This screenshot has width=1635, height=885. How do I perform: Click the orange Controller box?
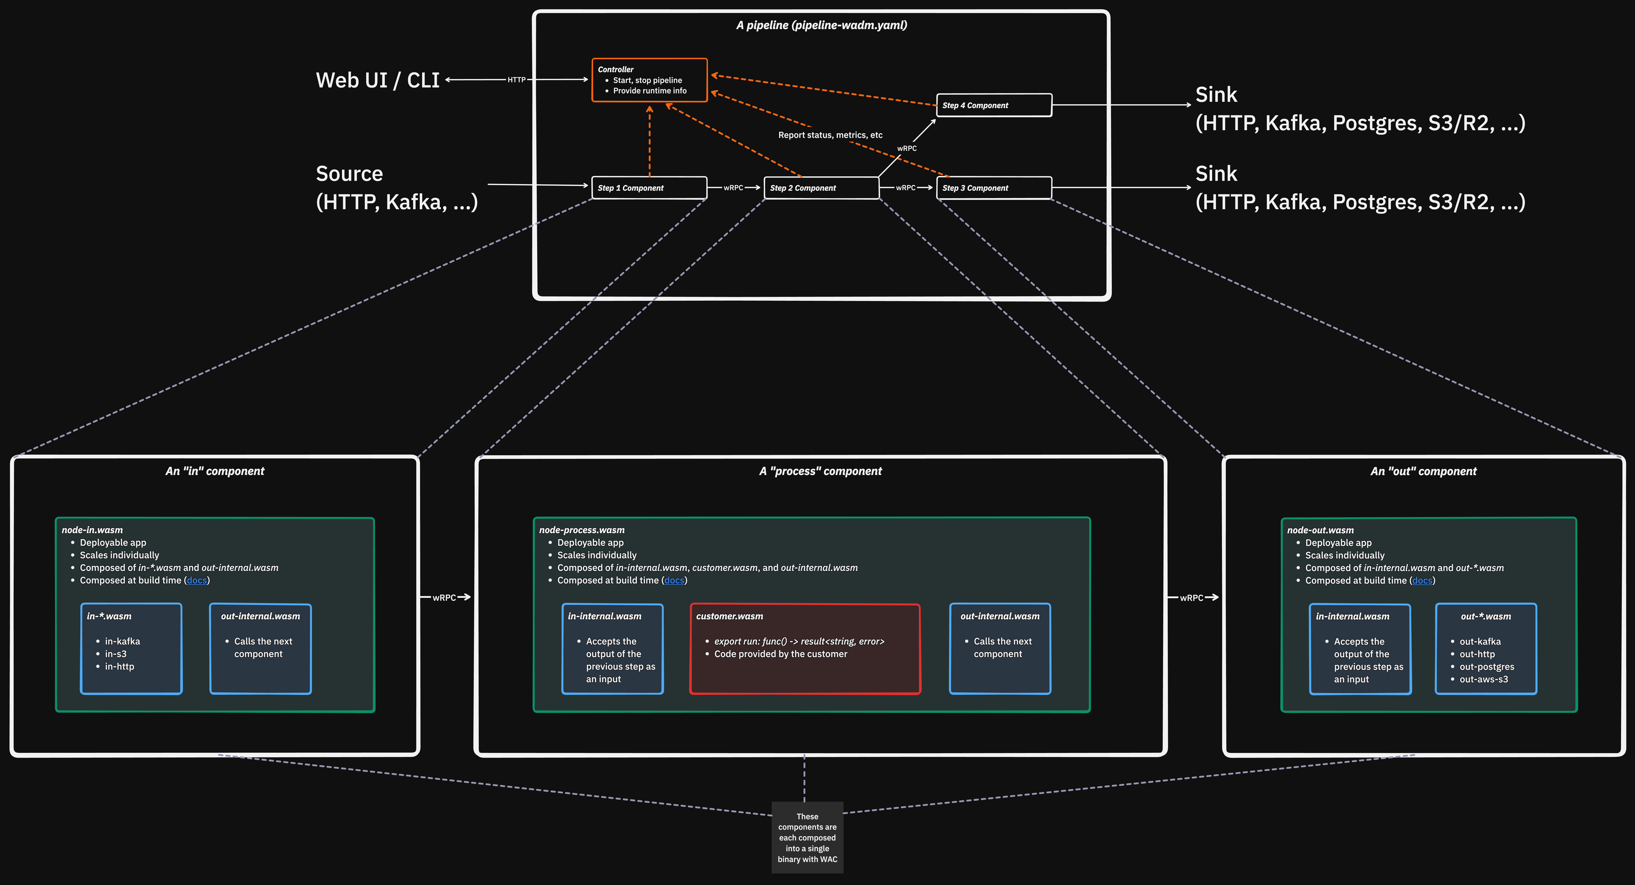point(649,80)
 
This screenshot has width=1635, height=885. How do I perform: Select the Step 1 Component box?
point(649,188)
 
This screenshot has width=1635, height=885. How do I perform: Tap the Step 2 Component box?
point(821,188)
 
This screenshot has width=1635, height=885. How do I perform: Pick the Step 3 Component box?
point(994,188)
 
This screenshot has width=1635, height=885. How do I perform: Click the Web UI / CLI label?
point(378,80)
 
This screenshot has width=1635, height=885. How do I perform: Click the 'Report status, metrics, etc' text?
point(830,135)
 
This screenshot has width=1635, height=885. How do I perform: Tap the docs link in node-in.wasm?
point(197,580)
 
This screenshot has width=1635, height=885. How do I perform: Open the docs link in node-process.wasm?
point(674,580)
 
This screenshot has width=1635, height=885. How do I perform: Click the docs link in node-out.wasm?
point(1422,580)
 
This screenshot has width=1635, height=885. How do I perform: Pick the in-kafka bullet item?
point(122,641)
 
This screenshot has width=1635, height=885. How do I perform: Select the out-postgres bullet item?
point(1487,667)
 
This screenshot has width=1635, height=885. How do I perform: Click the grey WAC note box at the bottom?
point(807,837)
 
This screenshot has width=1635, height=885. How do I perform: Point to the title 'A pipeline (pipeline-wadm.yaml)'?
point(821,25)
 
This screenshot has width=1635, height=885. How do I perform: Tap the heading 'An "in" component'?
point(215,471)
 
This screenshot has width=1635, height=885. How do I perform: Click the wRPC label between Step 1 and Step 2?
point(733,188)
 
